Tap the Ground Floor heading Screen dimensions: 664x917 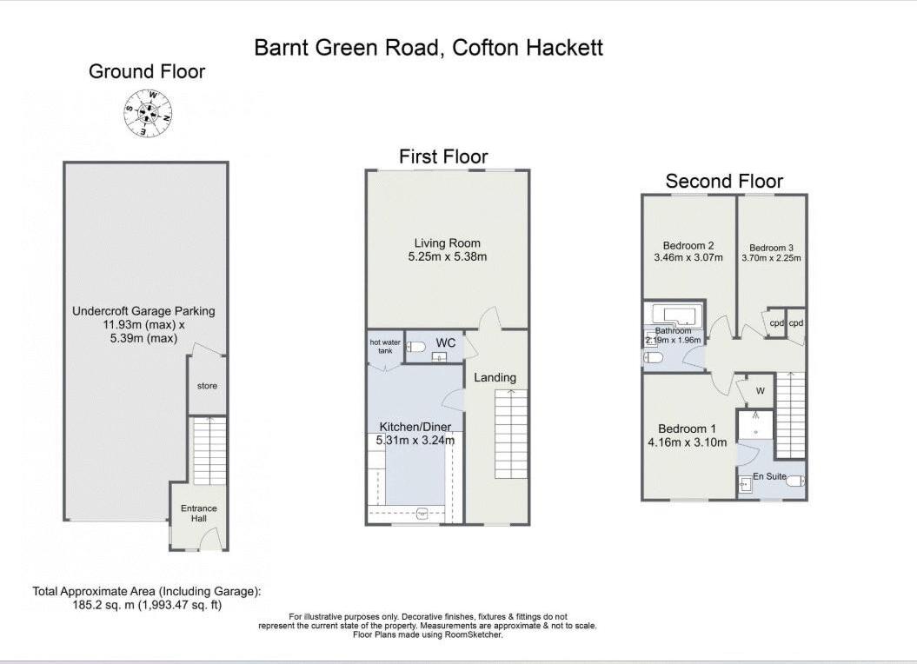coord(147,72)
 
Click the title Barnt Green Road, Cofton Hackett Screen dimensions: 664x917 coord(429,48)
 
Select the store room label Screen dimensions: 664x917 coord(207,386)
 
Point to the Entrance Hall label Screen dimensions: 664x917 coord(198,513)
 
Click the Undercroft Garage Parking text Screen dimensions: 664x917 coord(143,310)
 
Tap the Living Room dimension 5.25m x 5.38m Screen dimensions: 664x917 coord(447,256)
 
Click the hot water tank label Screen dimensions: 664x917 coord(385,347)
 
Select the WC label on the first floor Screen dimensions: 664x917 coord(446,343)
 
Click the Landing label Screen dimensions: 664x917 coord(495,377)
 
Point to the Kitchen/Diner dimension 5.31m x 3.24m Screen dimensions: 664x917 coord(416,441)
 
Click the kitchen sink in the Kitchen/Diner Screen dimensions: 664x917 coord(423,513)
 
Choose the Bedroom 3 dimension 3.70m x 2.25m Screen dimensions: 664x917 coord(771,258)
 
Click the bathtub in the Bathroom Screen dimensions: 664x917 coord(674,315)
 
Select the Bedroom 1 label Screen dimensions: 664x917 coord(687,428)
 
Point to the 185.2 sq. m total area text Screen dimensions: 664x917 coord(146,604)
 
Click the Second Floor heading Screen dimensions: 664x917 coord(724,182)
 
